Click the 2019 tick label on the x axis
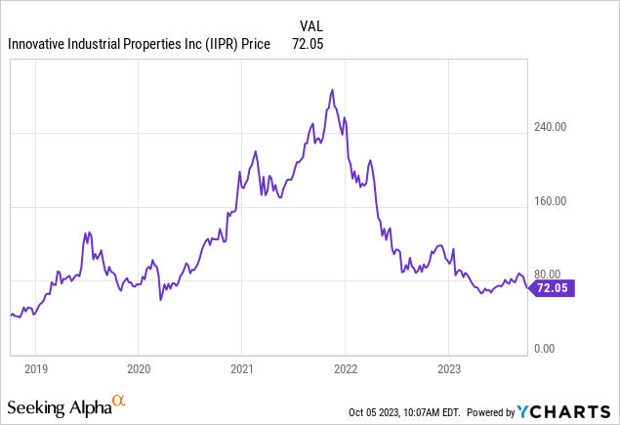35,369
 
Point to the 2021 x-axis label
241,369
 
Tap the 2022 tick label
345,369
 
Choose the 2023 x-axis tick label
448,369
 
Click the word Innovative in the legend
39,44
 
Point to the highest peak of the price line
333,90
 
